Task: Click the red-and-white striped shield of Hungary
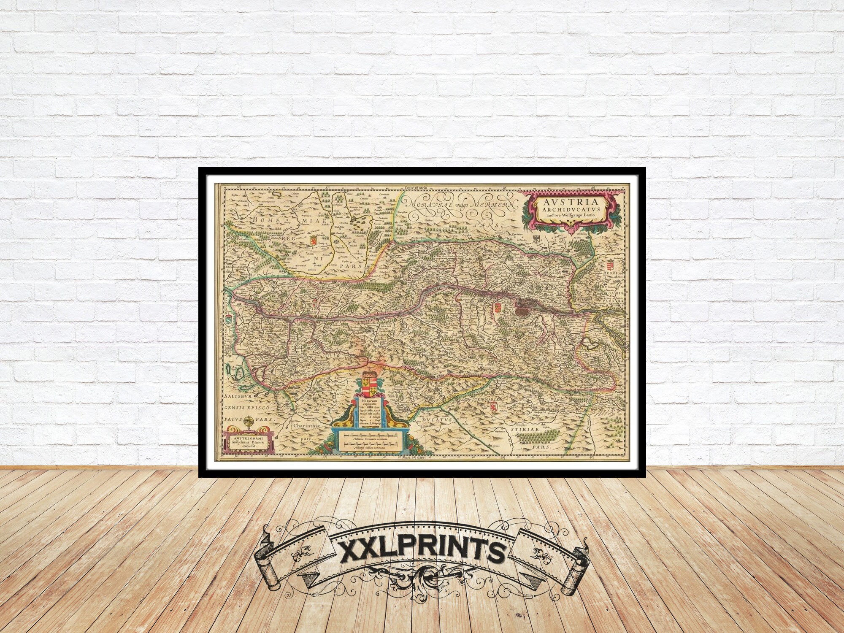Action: pos(609,267)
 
